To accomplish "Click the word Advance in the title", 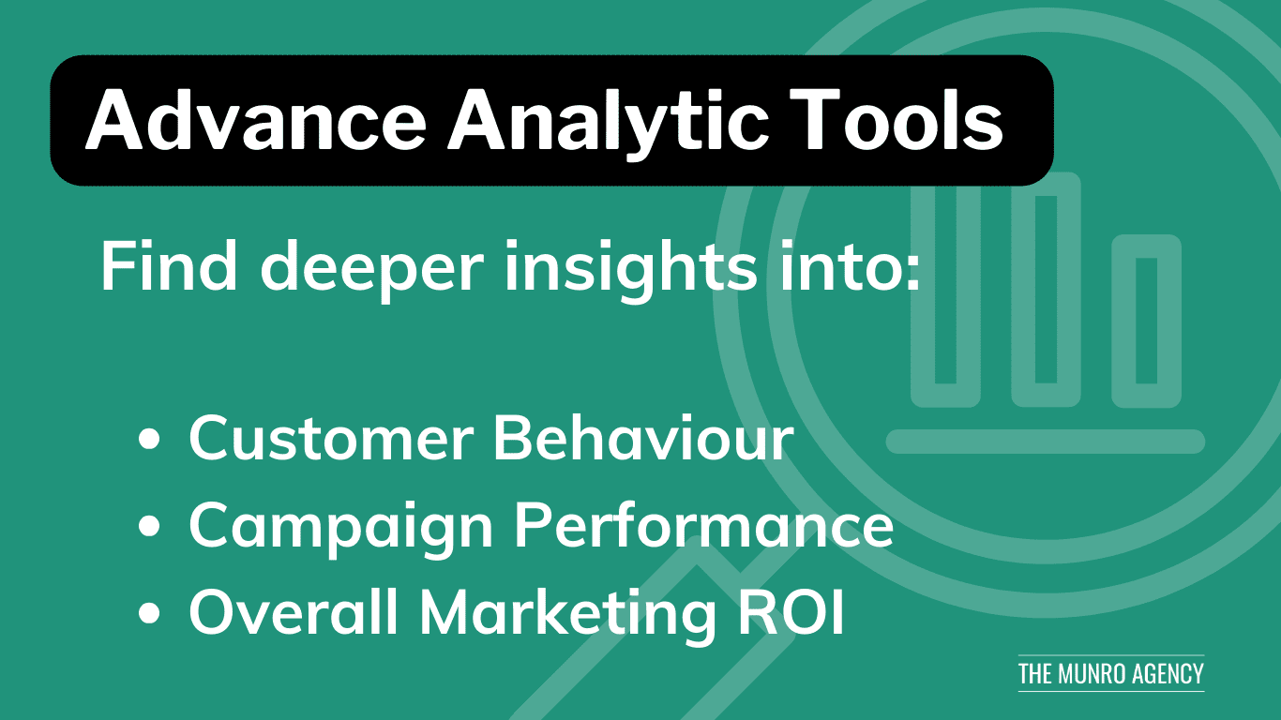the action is [x=256, y=120].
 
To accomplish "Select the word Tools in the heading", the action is [x=896, y=120].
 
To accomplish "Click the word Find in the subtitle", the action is [x=169, y=266].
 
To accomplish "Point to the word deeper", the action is [x=372, y=272].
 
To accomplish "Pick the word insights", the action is [x=631, y=272].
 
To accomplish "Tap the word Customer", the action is [x=331, y=438].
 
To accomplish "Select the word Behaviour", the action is [x=643, y=438].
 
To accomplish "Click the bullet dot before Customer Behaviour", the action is [x=149, y=441].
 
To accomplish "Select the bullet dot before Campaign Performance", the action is [x=149, y=526].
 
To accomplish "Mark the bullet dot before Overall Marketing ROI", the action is [x=149, y=613].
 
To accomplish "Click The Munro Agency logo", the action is [x=1111, y=674].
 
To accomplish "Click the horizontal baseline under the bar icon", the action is [x=1046, y=442].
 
